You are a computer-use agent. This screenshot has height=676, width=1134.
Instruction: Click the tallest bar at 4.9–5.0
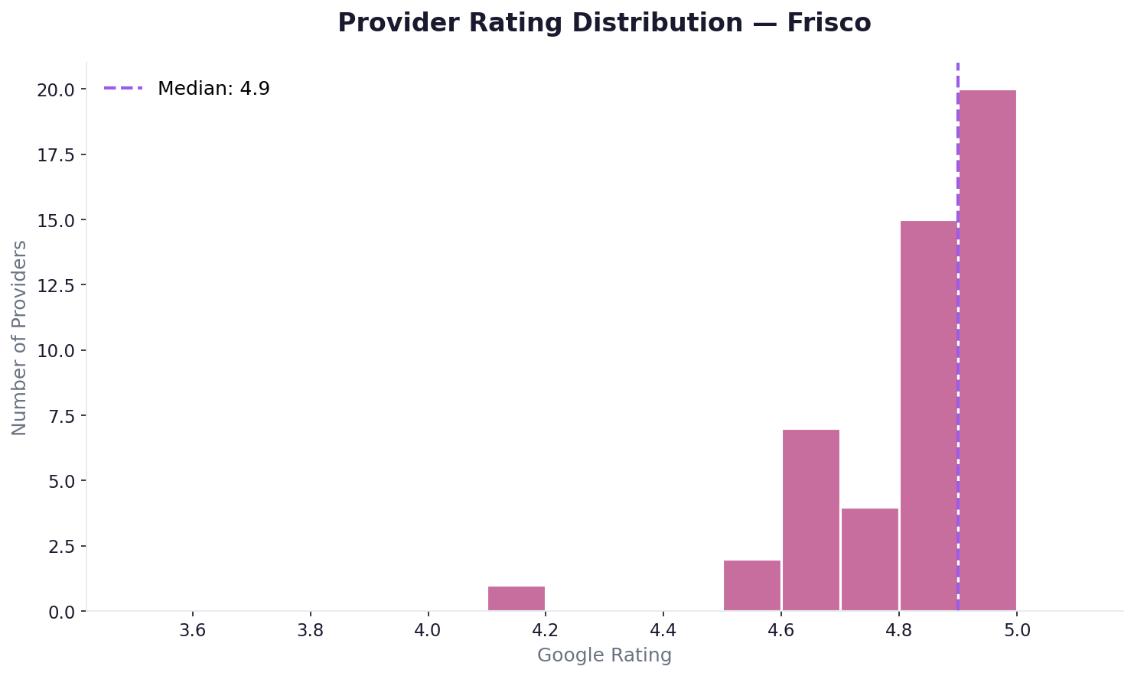(988, 350)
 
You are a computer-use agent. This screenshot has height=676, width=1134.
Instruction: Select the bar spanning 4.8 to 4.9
(929, 416)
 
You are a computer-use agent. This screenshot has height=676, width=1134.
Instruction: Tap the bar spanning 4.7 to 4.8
(870, 560)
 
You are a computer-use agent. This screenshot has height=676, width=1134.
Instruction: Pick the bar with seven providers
(811, 520)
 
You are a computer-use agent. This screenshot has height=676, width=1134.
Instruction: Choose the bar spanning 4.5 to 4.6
(752, 586)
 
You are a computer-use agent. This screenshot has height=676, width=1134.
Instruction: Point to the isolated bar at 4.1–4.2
(516, 599)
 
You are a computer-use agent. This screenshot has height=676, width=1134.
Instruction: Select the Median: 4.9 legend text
(213, 89)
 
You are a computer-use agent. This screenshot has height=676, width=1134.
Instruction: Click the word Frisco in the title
(829, 23)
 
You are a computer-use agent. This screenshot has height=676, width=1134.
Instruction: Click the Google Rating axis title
(604, 655)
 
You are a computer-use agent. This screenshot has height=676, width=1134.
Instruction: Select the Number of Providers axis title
(20, 337)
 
